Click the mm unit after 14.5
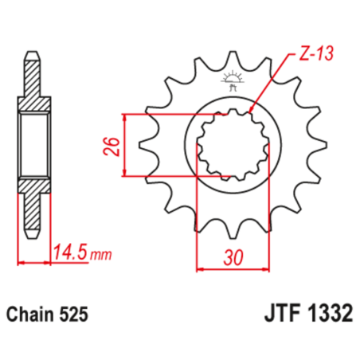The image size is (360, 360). [x=100, y=256]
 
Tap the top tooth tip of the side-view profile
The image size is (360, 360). [x=31, y=57]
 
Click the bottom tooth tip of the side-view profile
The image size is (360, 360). [x=31, y=236]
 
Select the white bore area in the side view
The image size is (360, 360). [x=31, y=146]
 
